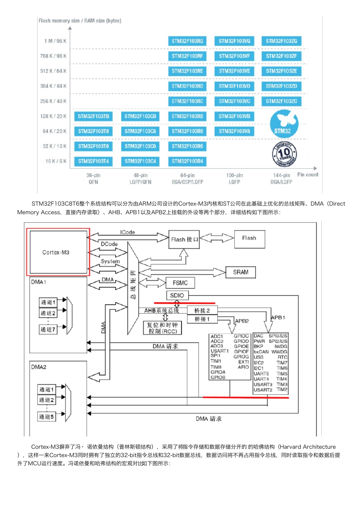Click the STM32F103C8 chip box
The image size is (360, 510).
(x=140, y=131)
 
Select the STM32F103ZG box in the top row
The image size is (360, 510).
(x=281, y=41)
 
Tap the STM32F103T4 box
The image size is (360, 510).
(x=93, y=161)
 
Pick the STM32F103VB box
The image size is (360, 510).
(x=234, y=116)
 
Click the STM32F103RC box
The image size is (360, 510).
(x=187, y=101)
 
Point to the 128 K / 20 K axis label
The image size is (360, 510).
(x=53, y=116)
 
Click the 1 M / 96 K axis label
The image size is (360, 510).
(x=55, y=41)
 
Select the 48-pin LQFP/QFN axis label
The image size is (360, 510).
(x=140, y=179)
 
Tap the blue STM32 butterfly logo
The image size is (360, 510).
(x=284, y=124)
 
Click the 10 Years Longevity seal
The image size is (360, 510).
(x=285, y=154)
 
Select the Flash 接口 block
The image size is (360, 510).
(x=184, y=239)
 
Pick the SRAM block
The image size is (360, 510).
(x=241, y=272)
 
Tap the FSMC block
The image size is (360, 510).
(x=180, y=283)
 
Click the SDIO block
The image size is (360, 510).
(x=177, y=295)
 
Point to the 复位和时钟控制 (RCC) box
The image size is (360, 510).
(x=163, y=328)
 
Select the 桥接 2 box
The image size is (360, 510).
(x=202, y=311)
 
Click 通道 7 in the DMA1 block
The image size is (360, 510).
(x=48, y=330)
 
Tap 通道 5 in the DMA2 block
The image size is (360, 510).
(x=47, y=417)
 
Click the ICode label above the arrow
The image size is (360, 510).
(x=127, y=232)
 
